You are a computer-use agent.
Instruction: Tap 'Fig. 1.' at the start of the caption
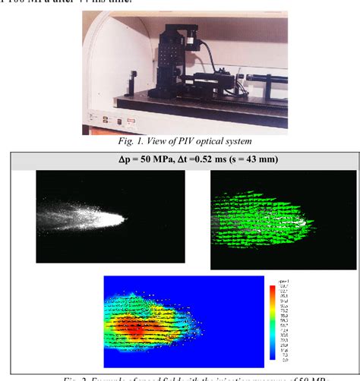128,141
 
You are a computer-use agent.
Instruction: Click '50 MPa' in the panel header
141,159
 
